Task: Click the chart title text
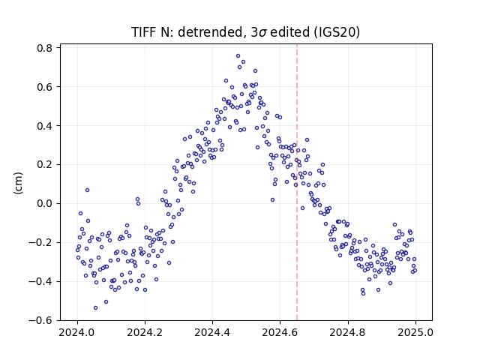click(x=245, y=32)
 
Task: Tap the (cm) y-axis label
click(x=18, y=183)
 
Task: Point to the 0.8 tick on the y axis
click(x=44, y=48)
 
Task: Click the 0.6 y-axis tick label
click(x=44, y=87)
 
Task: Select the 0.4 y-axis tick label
click(x=44, y=126)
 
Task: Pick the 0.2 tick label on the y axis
click(x=44, y=165)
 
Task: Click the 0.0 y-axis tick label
click(x=44, y=203)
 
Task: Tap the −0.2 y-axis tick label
click(x=40, y=242)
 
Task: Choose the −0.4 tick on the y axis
click(x=40, y=281)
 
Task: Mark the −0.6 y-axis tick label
click(x=40, y=320)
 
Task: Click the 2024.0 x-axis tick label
click(x=77, y=332)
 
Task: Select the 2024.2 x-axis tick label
click(x=145, y=332)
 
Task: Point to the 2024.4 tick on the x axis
click(x=212, y=332)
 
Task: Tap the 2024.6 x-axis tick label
click(x=280, y=332)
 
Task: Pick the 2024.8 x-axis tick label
click(x=348, y=332)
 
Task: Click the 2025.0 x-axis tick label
click(x=415, y=332)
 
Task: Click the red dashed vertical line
click(x=297, y=182)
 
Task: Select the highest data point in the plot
click(x=238, y=56)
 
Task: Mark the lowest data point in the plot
click(x=95, y=308)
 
